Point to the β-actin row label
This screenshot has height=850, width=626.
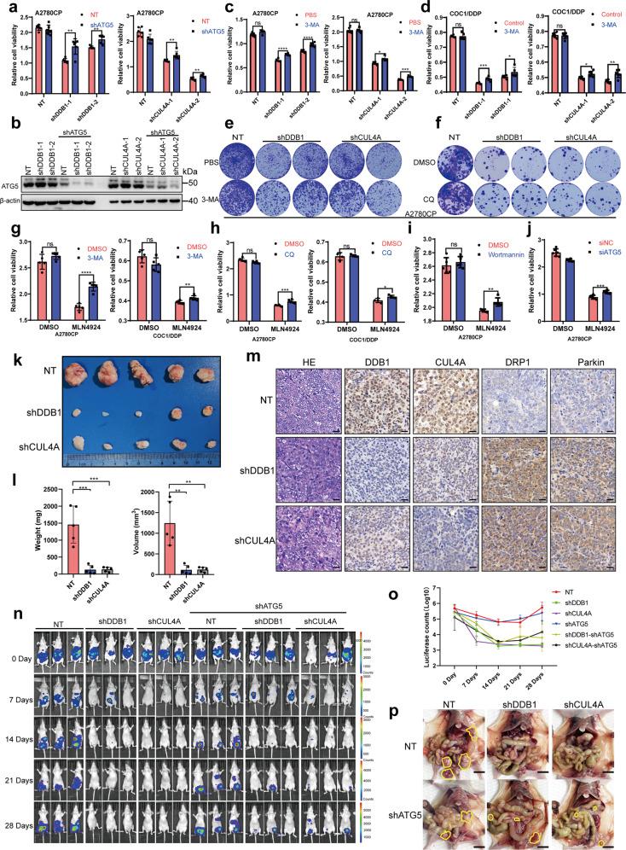[x=16, y=201]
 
